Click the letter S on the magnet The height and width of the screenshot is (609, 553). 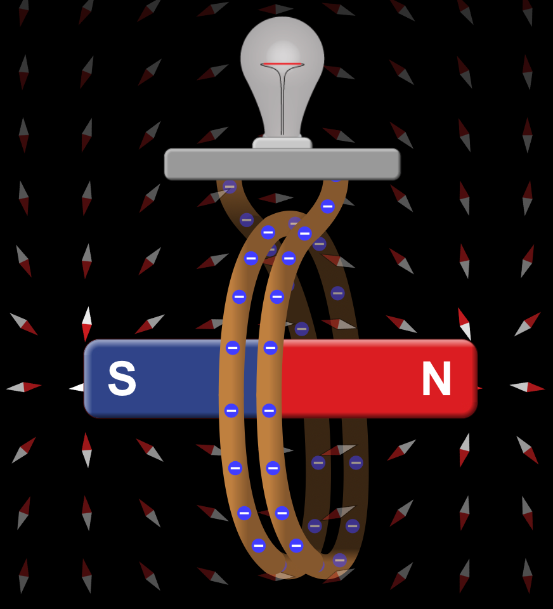(x=122, y=378)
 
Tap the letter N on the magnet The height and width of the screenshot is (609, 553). (x=436, y=378)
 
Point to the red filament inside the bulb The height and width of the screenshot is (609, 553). (x=282, y=64)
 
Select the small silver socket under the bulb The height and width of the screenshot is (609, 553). (x=282, y=143)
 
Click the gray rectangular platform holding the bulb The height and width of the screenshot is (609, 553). (x=282, y=164)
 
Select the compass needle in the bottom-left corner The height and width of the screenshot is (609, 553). (x=23, y=576)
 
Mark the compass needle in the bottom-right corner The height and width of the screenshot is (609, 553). (x=528, y=575)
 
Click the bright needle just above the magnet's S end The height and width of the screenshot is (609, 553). (x=87, y=324)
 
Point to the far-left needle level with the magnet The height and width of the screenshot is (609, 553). (x=23, y=387)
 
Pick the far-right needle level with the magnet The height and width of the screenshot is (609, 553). (x=528, y=387)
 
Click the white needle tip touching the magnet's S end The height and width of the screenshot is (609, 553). (x=77, y=387)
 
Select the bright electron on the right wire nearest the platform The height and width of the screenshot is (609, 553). (x=328, y=206)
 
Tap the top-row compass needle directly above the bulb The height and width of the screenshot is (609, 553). (x=276, y=9)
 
